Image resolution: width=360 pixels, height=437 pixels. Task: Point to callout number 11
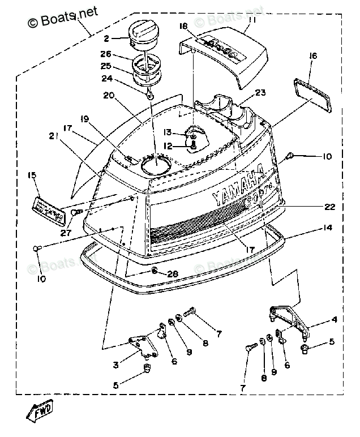[252, 20]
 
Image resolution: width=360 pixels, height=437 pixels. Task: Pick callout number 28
[173, 275]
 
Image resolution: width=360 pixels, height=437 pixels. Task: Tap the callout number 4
[334, 320]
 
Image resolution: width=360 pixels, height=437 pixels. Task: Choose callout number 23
[260, 92]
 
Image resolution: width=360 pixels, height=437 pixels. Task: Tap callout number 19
[85, 119]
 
